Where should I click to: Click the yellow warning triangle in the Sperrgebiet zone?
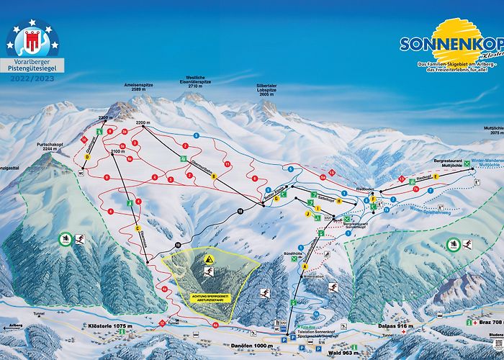point(208,258)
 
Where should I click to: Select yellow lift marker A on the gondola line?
point(294,266)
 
